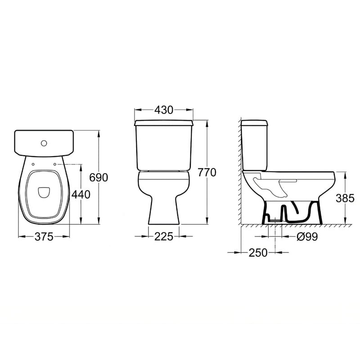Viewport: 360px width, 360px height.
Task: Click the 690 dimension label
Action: pos(99,177)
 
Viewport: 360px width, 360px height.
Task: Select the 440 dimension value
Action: pos(81,195)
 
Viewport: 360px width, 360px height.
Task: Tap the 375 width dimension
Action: pos(44,237)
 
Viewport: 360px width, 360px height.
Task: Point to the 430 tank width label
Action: pos(164,110)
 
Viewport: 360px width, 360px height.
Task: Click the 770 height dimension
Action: pos(207,173)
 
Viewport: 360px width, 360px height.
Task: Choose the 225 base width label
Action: pos(163,237)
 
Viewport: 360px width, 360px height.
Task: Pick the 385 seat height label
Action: pos(345,198)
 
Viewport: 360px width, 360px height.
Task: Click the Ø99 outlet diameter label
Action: pos(307,237)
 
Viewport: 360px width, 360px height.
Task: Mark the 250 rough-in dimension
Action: pos(258,252)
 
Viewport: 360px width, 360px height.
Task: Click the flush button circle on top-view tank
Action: pos(44,144)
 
